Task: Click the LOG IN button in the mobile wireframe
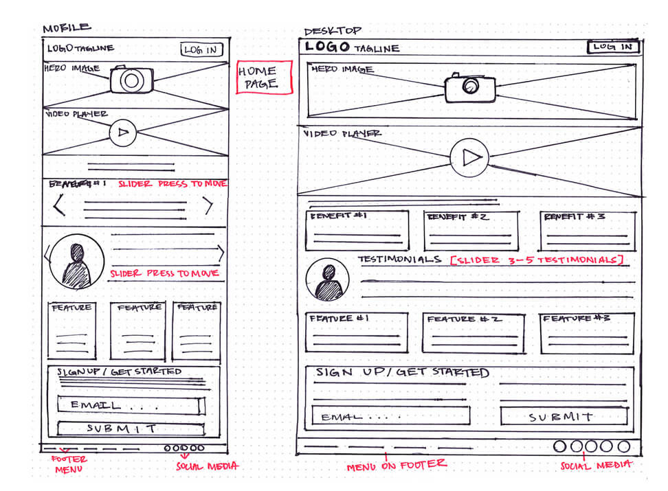201,49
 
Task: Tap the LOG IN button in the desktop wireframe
613,47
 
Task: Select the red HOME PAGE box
264,78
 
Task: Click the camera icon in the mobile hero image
131,80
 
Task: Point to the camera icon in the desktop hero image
470,87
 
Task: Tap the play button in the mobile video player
123,133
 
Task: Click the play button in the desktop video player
470,158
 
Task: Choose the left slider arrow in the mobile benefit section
59,205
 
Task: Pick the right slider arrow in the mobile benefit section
208,205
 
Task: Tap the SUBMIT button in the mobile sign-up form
130,429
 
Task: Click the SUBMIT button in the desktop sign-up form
564,416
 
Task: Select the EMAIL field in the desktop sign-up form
390,416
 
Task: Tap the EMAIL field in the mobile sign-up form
131,406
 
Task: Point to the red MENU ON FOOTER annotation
397,464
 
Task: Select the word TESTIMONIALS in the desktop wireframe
399,260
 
